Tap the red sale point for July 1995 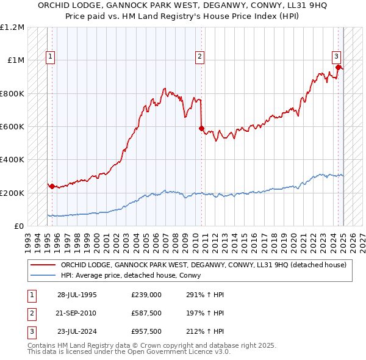pos(52,186)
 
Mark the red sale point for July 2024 pos(338,67)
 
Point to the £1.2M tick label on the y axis pos(12,27)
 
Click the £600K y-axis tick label pos(12,127)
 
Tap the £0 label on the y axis pos(18,226)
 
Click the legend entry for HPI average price pos(134,276)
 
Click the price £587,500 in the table pos(146,314)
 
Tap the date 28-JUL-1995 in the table pos(77,295)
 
